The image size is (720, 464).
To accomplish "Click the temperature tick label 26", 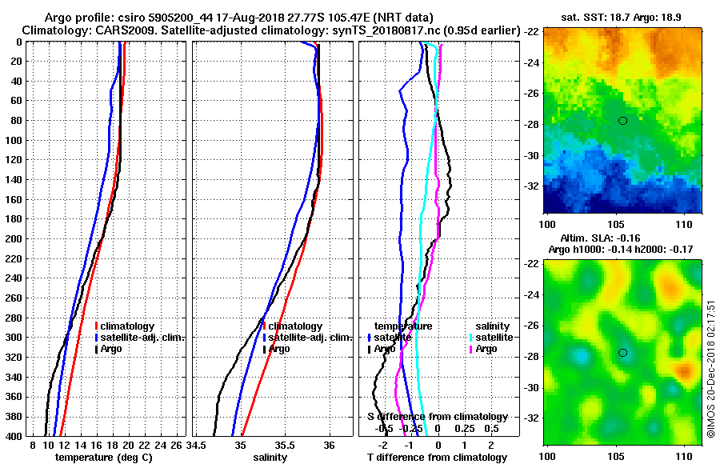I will click(x=178, y=445).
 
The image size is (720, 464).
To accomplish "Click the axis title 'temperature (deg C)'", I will click(x=108, y=458).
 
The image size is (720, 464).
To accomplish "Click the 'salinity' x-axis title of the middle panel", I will click(x=271, y=458).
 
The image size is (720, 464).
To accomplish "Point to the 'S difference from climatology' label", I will click(x=437, y=417).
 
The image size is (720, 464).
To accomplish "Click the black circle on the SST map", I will click(x=622, y=120).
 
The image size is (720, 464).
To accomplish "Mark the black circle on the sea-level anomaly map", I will click(x=622, y=353).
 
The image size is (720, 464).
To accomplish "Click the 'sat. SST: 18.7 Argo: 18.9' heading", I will click(x=622, y=16).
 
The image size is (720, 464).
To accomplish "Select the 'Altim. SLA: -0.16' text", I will click(x=621, y=238).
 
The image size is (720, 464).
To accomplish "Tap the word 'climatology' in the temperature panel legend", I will click(x=128, y=326).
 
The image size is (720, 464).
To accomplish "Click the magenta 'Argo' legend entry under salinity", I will click(x=486, y=349).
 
